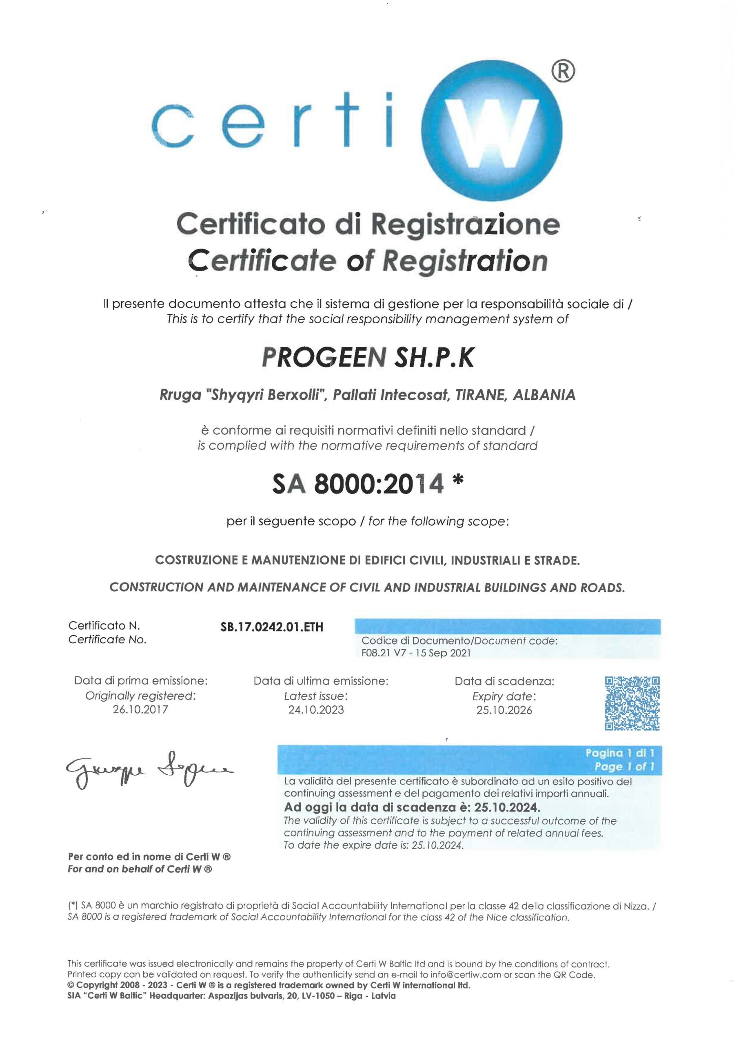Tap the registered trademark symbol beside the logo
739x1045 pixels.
point(564,71)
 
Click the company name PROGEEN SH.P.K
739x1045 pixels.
point(368,357)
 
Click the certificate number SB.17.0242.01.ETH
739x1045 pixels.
point(272,627)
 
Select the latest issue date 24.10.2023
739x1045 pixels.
point(316,710)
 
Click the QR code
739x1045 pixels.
point(632,703)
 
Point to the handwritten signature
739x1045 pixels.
point(149,769)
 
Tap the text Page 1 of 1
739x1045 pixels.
point(624,767)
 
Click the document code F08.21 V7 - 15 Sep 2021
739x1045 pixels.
point(416,653)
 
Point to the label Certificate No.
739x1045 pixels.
point(107,640)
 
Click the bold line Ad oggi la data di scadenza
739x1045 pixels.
point(412,808)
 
